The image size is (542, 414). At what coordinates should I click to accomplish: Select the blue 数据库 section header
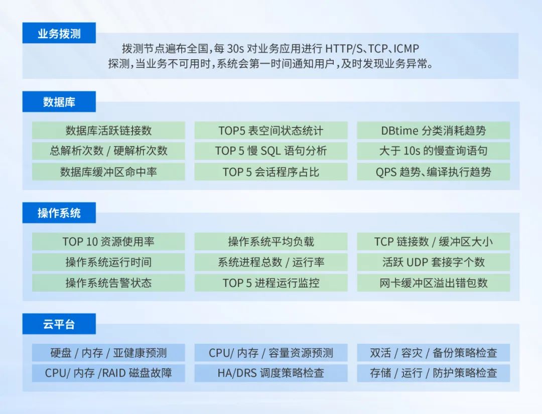click(x=59, y=102)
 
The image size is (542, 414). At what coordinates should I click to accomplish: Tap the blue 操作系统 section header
click(x=59, y=213)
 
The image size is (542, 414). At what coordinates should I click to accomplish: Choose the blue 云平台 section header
click(x=59, y=324)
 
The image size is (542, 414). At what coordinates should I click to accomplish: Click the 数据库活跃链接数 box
click(x=108, y=130)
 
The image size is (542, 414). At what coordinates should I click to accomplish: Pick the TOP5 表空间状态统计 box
click(x=270, y=130)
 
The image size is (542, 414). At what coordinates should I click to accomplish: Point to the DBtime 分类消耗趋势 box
click(x=433, y=130)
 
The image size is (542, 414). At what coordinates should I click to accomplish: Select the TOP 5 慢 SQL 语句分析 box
click(x=270, y=151)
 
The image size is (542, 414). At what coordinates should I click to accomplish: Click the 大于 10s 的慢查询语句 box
click(x=433, y=151)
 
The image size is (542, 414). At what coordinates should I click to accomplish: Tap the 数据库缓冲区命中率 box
click(x=108, y=172)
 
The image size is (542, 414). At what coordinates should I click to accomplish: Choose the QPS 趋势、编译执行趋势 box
click(x=433, y=172)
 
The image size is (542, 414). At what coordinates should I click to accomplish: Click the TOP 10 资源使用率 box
click(x=108, y=241)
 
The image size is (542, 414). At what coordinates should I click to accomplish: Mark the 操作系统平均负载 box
click(x=270, y=241)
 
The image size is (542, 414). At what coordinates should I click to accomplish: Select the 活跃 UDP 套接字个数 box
click(x=433, y=262)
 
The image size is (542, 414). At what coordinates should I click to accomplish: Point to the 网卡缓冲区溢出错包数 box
click(x=433, y=283)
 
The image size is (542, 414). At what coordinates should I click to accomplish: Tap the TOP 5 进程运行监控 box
click(x=270, y=283)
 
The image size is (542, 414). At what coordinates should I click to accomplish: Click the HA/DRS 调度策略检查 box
click(x=270, y=373)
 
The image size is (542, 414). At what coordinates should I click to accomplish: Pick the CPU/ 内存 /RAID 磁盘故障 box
click(x=108, y=373)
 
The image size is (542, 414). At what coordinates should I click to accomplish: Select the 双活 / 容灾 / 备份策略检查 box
click(x=433, y=352)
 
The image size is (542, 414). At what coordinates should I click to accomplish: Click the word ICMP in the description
click(x=406, y=49)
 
